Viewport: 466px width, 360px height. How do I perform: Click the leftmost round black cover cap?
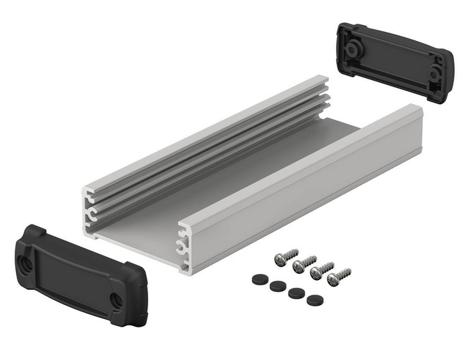click(259, 277)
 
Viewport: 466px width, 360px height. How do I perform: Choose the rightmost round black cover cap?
click(314, 300)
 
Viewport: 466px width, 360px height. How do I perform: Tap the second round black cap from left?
click(276, 285)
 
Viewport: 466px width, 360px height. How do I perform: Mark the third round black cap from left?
click(295, 293)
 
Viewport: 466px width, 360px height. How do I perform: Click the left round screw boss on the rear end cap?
click(353, 49)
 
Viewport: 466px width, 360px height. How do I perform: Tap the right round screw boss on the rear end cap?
click(433, 72)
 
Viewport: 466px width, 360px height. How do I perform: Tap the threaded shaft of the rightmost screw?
click(343, 272)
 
